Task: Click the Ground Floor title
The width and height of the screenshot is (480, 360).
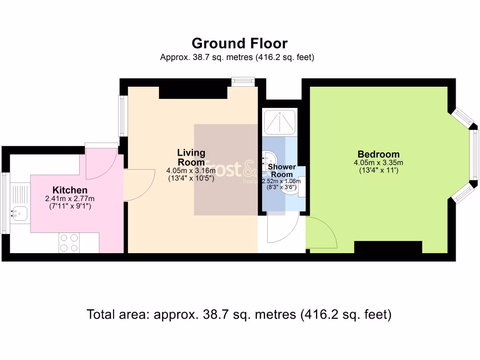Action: click(x=240, y=44)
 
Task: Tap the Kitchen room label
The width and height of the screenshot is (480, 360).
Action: click(x=70, y=190)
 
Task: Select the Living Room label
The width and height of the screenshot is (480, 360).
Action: click(x=191, y=157)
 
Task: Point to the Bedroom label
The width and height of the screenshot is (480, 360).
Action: click(x=378, y=154)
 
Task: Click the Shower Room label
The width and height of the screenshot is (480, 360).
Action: click(x=282, y=171)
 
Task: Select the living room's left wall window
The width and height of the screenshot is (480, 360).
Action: click(x=123, y=116)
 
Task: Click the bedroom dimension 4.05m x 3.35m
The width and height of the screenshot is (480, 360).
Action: click(x=378, y=163)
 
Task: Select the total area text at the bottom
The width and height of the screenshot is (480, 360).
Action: click(x=239, y=315)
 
